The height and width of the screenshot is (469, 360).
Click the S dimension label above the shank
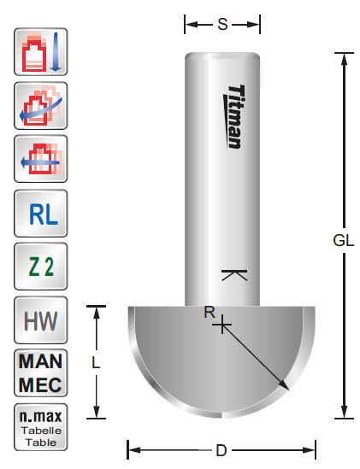coord(222,24)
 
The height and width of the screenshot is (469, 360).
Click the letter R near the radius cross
coord(208,312)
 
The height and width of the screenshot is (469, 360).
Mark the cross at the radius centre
coord(222,325)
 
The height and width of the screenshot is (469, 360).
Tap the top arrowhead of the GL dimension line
coord(342,55)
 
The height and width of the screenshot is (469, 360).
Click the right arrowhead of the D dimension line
coord(315,448)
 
